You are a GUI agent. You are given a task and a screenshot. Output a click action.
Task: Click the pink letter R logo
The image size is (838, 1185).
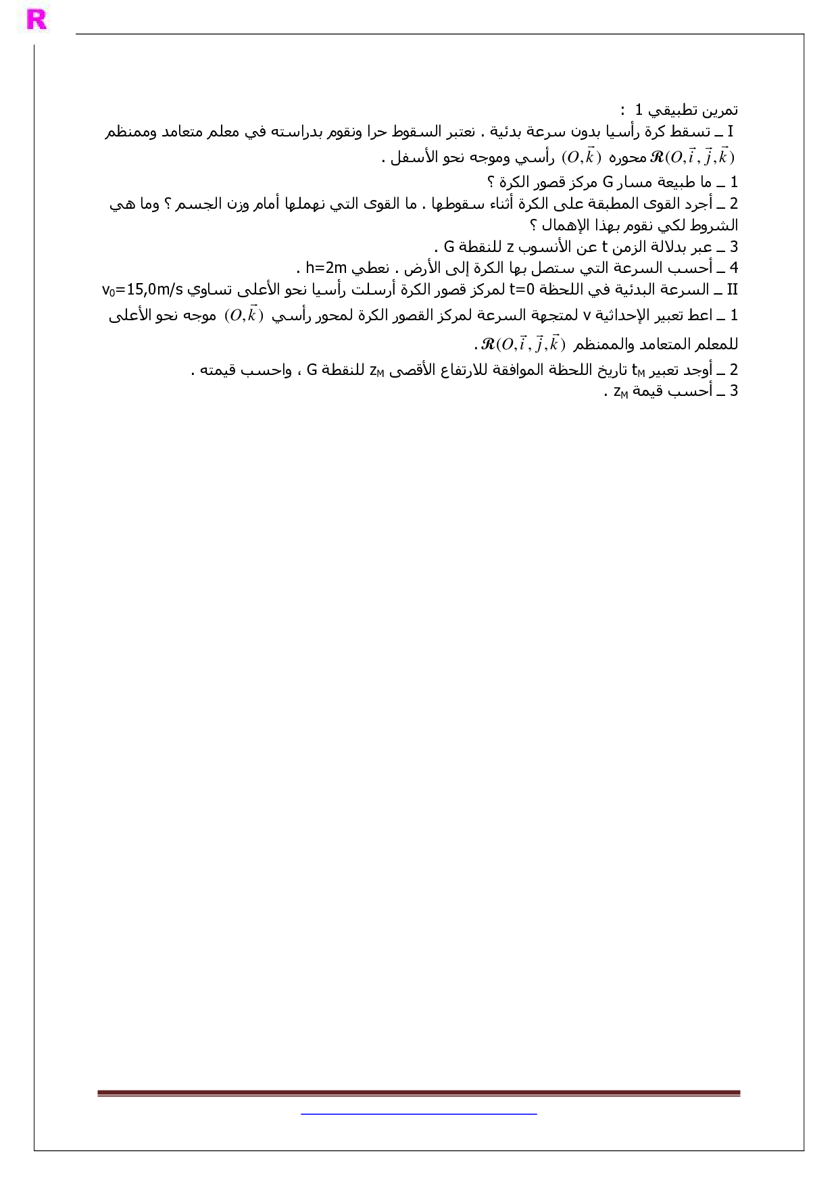pyautogui.click(x=36, y=20)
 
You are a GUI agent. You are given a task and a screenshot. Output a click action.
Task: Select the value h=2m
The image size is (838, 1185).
pyautogui.click(x=326, y=268)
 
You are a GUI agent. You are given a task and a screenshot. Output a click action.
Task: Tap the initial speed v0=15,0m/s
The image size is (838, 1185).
pyautogui.click(x=143, y=290)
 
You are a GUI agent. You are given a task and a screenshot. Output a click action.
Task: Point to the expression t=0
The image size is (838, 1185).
pyautogui.click(x=522, y=290)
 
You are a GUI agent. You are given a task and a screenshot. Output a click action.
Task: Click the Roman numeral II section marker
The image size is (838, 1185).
pyautogui.click(x=732, y=290)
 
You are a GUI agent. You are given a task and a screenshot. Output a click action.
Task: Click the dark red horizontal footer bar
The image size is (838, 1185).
pyautogui.click(x=418, y=1092)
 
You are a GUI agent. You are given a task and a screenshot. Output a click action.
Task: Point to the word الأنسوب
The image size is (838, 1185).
pyautogui.click(x=545, y=247)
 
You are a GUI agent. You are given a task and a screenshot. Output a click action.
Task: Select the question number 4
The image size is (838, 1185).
pyautogui.click(x=733, y=268)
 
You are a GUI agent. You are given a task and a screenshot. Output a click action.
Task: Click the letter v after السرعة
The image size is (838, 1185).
pyautogui.click(x=587, y=316)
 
